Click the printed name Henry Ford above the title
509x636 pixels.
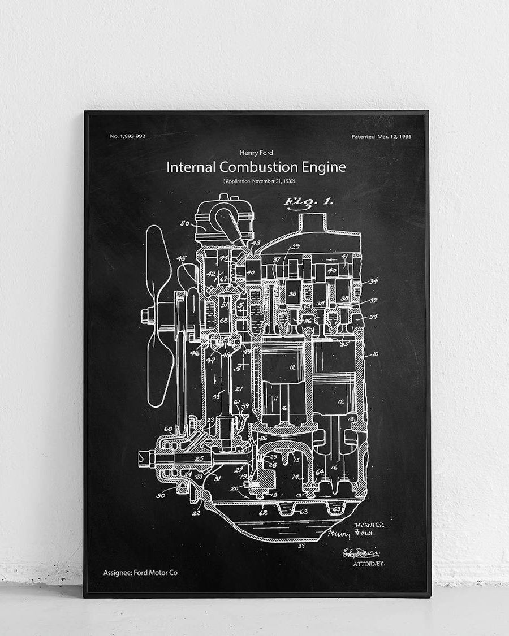256,153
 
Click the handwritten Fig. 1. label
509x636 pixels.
309,201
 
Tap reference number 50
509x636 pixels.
184,223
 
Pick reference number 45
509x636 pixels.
181,259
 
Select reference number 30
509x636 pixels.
161,496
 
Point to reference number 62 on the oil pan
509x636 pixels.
263,513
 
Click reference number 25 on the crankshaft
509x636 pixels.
199,457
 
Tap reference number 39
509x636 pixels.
295,246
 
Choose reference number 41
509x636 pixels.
345,257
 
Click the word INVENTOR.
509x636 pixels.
369,525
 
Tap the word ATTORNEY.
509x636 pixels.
369,564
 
